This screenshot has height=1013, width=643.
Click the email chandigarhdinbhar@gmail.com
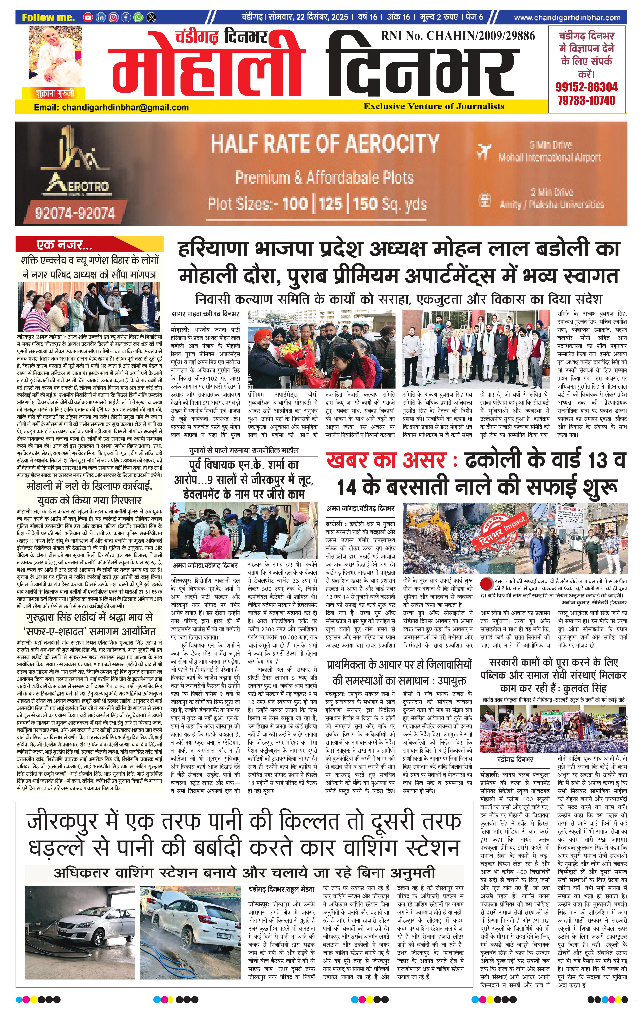[111, 107]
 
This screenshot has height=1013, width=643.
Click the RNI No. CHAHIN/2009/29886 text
[458, 36]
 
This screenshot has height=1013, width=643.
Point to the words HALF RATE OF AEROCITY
[325, 143]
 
